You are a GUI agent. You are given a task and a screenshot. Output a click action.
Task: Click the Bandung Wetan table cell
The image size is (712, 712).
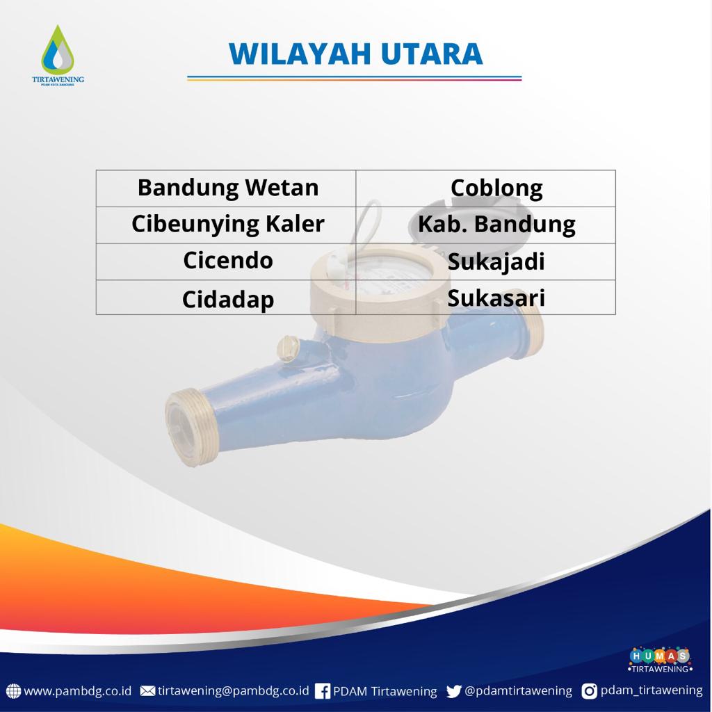tap(226, 188)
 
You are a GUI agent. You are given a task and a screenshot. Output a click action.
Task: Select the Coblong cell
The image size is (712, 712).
tap(486, 188)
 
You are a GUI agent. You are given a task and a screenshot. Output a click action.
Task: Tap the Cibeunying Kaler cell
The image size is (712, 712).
tap(226, 225)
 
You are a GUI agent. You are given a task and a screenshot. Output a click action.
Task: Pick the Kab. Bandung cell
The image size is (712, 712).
tap(486, 225)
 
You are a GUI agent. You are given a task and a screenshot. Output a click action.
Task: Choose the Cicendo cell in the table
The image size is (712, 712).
tap(226, 261)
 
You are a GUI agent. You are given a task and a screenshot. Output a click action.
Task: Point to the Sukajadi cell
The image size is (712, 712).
tap(486, 261)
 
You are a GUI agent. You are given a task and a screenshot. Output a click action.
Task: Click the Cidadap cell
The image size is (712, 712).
tap(226, 297)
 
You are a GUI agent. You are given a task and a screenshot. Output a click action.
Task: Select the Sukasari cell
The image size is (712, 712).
tap(486, 297)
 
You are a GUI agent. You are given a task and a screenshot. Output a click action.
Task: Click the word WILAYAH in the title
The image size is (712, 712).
tap(300, 54)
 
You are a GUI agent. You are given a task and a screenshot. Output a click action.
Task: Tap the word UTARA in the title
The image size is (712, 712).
tap(431, 54)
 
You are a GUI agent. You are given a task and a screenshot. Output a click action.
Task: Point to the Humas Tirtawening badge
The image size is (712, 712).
tap(660, 660)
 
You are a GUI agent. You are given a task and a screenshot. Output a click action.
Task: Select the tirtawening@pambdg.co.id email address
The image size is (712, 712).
tap(233, 691)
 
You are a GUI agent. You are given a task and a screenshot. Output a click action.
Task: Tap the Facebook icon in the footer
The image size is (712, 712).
tap(323, 691)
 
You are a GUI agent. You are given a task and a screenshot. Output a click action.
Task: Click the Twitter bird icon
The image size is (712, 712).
tap(453, 691)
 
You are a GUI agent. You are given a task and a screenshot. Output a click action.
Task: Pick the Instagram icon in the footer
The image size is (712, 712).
tap(589, 691)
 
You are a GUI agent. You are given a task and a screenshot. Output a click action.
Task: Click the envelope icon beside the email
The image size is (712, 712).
tap(147, 691)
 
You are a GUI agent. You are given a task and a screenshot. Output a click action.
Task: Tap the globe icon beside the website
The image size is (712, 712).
tap(13, 691)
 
